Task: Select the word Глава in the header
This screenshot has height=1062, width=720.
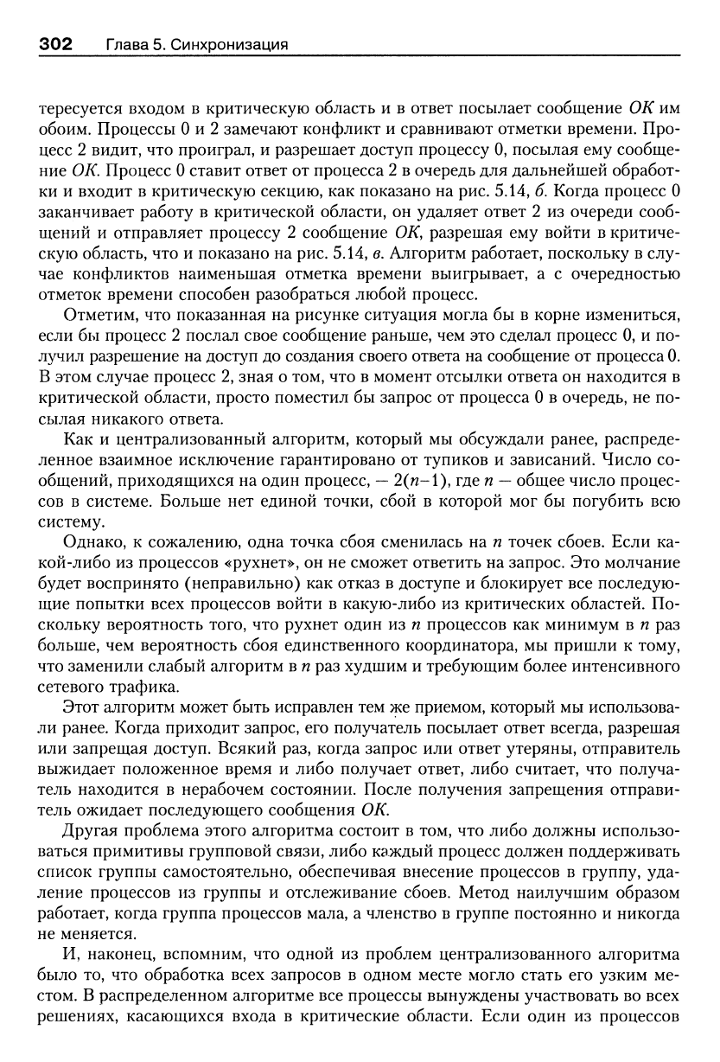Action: click(126, 44)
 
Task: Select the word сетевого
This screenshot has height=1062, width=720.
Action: click(77, 688)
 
